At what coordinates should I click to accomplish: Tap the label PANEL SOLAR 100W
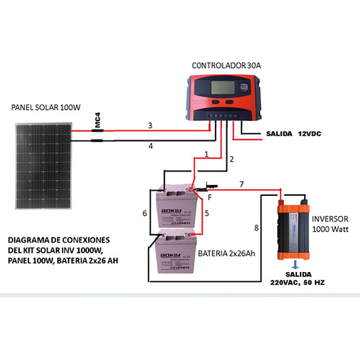[45, 107]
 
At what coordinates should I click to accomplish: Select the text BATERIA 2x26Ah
[226, 254]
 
